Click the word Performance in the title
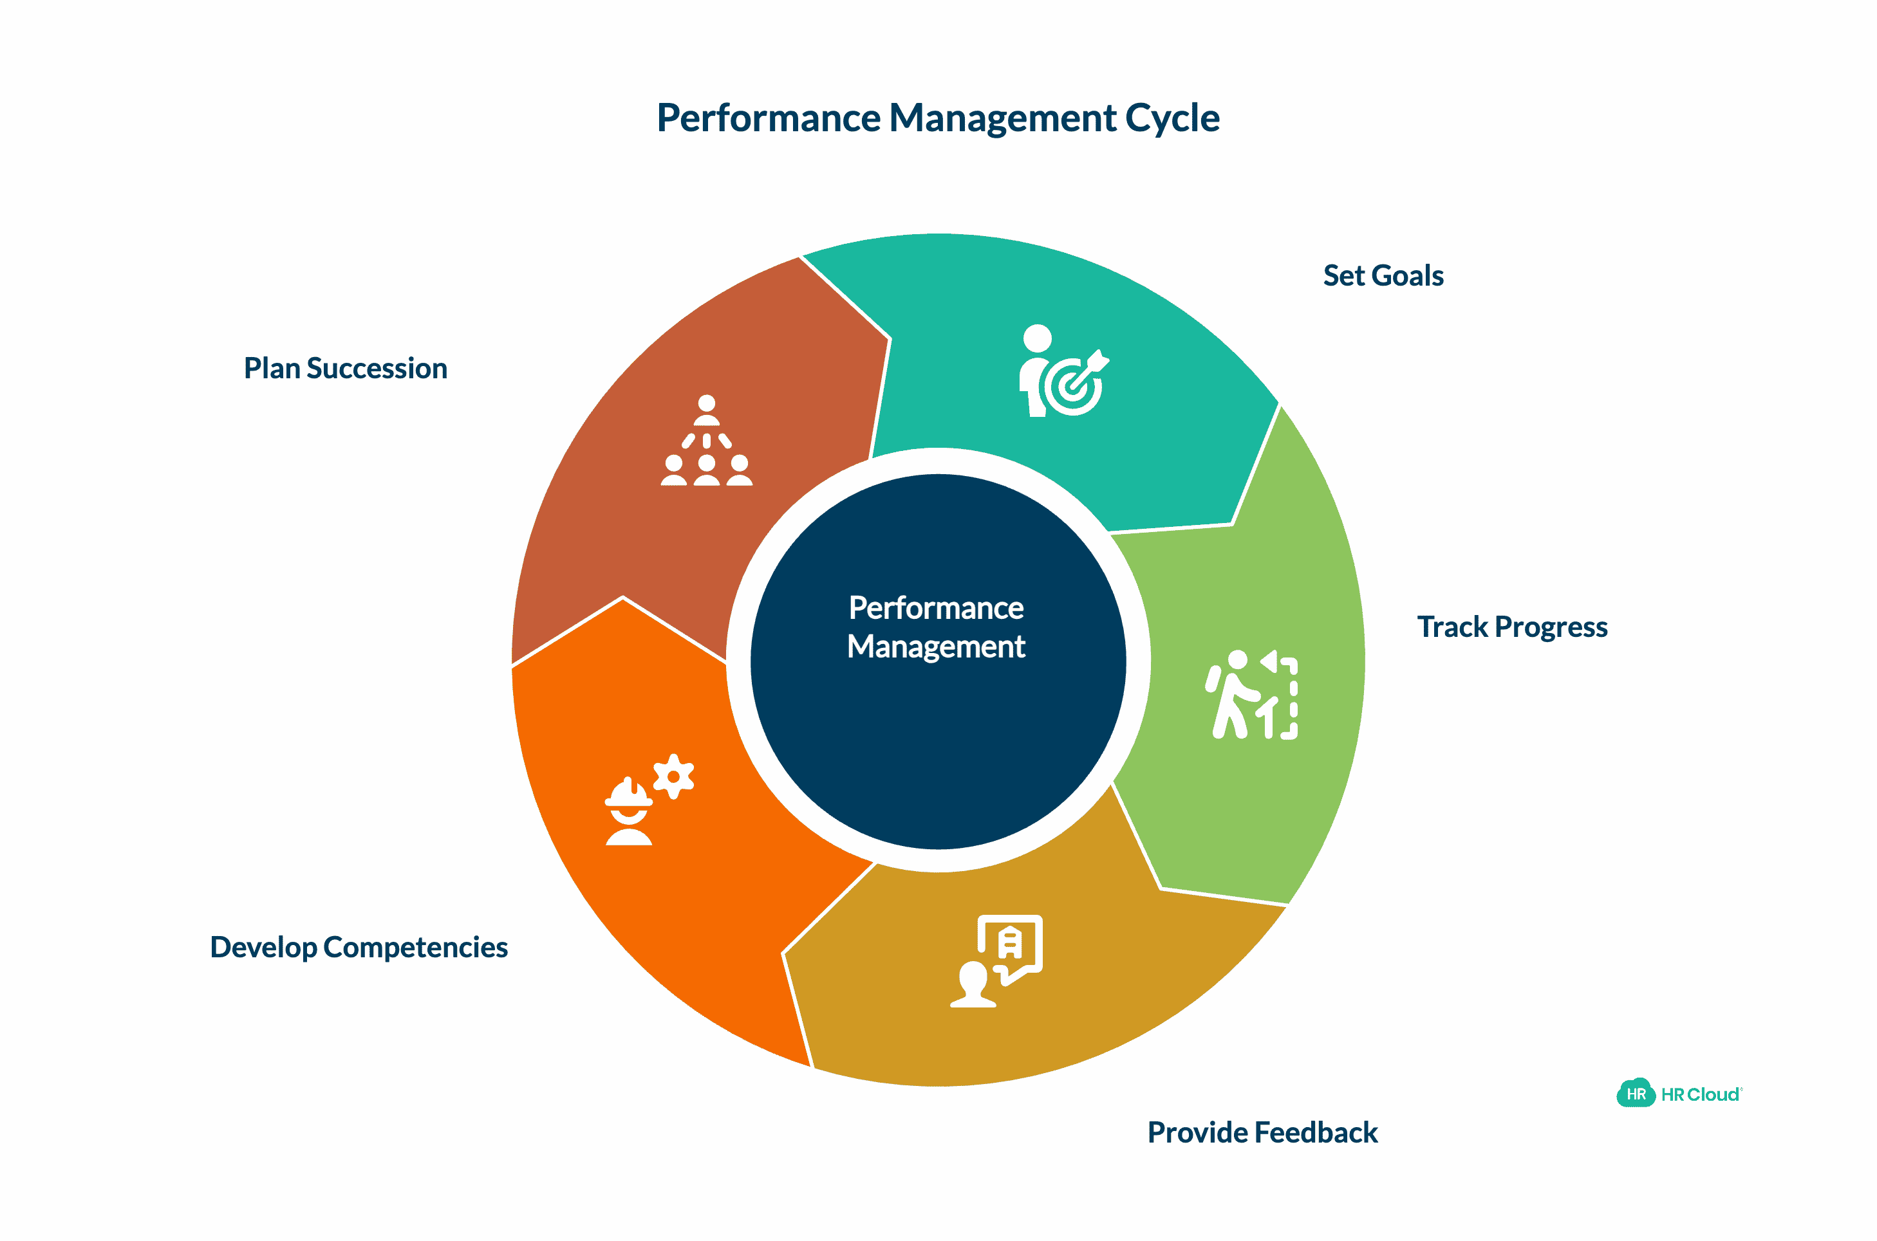click(768, 119)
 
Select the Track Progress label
click(1511, 627)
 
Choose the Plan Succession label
click(345, 368)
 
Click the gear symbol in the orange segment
click(674, 776)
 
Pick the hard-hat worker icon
click(629, 814)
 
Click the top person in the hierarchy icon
click(706, 409)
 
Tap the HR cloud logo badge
click(1635, 1094)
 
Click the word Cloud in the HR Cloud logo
click(1713, 1094)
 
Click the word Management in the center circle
click(936, 647)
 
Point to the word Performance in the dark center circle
click(936, 608)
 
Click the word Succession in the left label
click(377, 368)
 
